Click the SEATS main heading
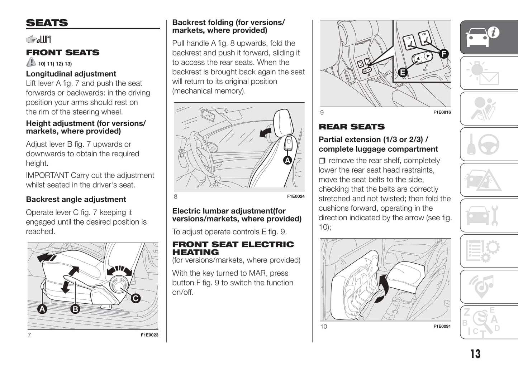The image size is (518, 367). pyautogui.click(x=47, y=23)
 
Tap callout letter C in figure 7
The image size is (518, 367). pyautogui.click(x=136, y=298)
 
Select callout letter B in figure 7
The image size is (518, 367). pyautogui.click(x=75, y=309)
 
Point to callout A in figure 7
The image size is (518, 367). pyautogui.click(x=42, y=309)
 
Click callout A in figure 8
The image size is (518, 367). pyautogui.click(x=287, y=160)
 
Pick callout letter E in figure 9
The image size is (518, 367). pyautogui.click(x=403, y=72)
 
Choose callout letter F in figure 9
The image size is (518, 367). pyautogui.click(x=443, y=54)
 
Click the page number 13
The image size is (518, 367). pyautogui.click(x=475, y=354)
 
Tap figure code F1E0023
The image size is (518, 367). pyautogui.click(x=149, y=335)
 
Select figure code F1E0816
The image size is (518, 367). pyautogui.click(x=442, y=112)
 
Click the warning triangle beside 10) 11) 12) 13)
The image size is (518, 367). pyautogui.click(x=31, y=63)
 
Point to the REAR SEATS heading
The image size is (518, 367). pyautogui.click(x=351, y=127)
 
